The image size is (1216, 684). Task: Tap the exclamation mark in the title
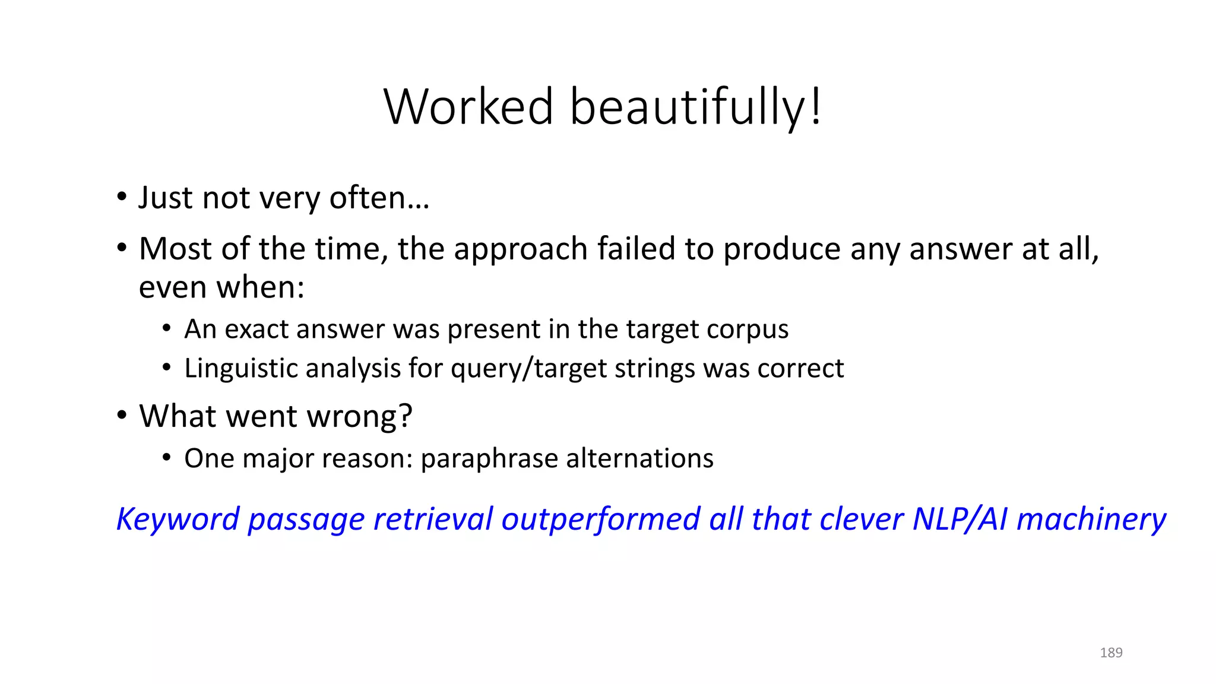pos(816,107)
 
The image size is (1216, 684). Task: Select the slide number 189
pos(1111,653)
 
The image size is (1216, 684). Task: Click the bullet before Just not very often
pos(122,197)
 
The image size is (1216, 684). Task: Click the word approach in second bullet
pos(521,249)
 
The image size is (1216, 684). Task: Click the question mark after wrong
pos(406,416)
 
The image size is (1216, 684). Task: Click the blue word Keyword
pos(177,520)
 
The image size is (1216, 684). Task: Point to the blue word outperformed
pos(600,520)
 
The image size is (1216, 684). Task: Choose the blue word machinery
pos(1091,520)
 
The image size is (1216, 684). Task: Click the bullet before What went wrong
pos(122,416)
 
